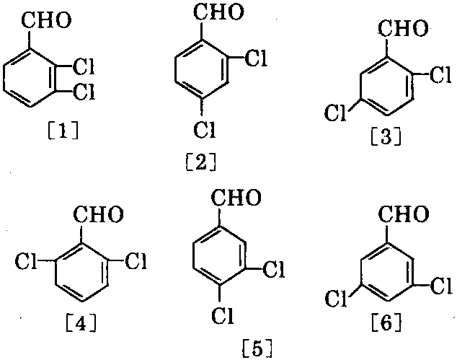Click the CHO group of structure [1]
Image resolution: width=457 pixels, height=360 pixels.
point(46,21)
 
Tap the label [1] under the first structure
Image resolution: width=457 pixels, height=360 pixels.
point(63,131)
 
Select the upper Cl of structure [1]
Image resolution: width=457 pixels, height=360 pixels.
point(84,67)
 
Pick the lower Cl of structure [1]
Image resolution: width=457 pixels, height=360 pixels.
point(84,92)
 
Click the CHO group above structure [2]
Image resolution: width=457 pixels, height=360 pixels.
point(219,12)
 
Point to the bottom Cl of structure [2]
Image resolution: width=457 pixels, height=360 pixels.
point(205,129)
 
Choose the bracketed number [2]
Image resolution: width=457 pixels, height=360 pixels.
point(201,163)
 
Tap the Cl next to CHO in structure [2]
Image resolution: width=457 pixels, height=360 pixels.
point(256,58)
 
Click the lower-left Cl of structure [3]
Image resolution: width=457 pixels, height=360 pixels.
point(335,113)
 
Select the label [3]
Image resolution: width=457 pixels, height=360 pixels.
point(386,137)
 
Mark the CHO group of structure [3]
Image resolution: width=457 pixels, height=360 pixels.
point(403,28)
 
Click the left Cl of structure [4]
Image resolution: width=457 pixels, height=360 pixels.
point(26,260)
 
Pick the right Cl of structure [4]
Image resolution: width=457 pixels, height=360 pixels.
point(136,260)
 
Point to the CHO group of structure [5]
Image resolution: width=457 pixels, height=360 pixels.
point(236,198)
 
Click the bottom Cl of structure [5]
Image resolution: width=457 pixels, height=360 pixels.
point(223,316)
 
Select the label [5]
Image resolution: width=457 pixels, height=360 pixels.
point(257,349)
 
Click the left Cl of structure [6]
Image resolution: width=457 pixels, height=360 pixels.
point(337,299)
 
